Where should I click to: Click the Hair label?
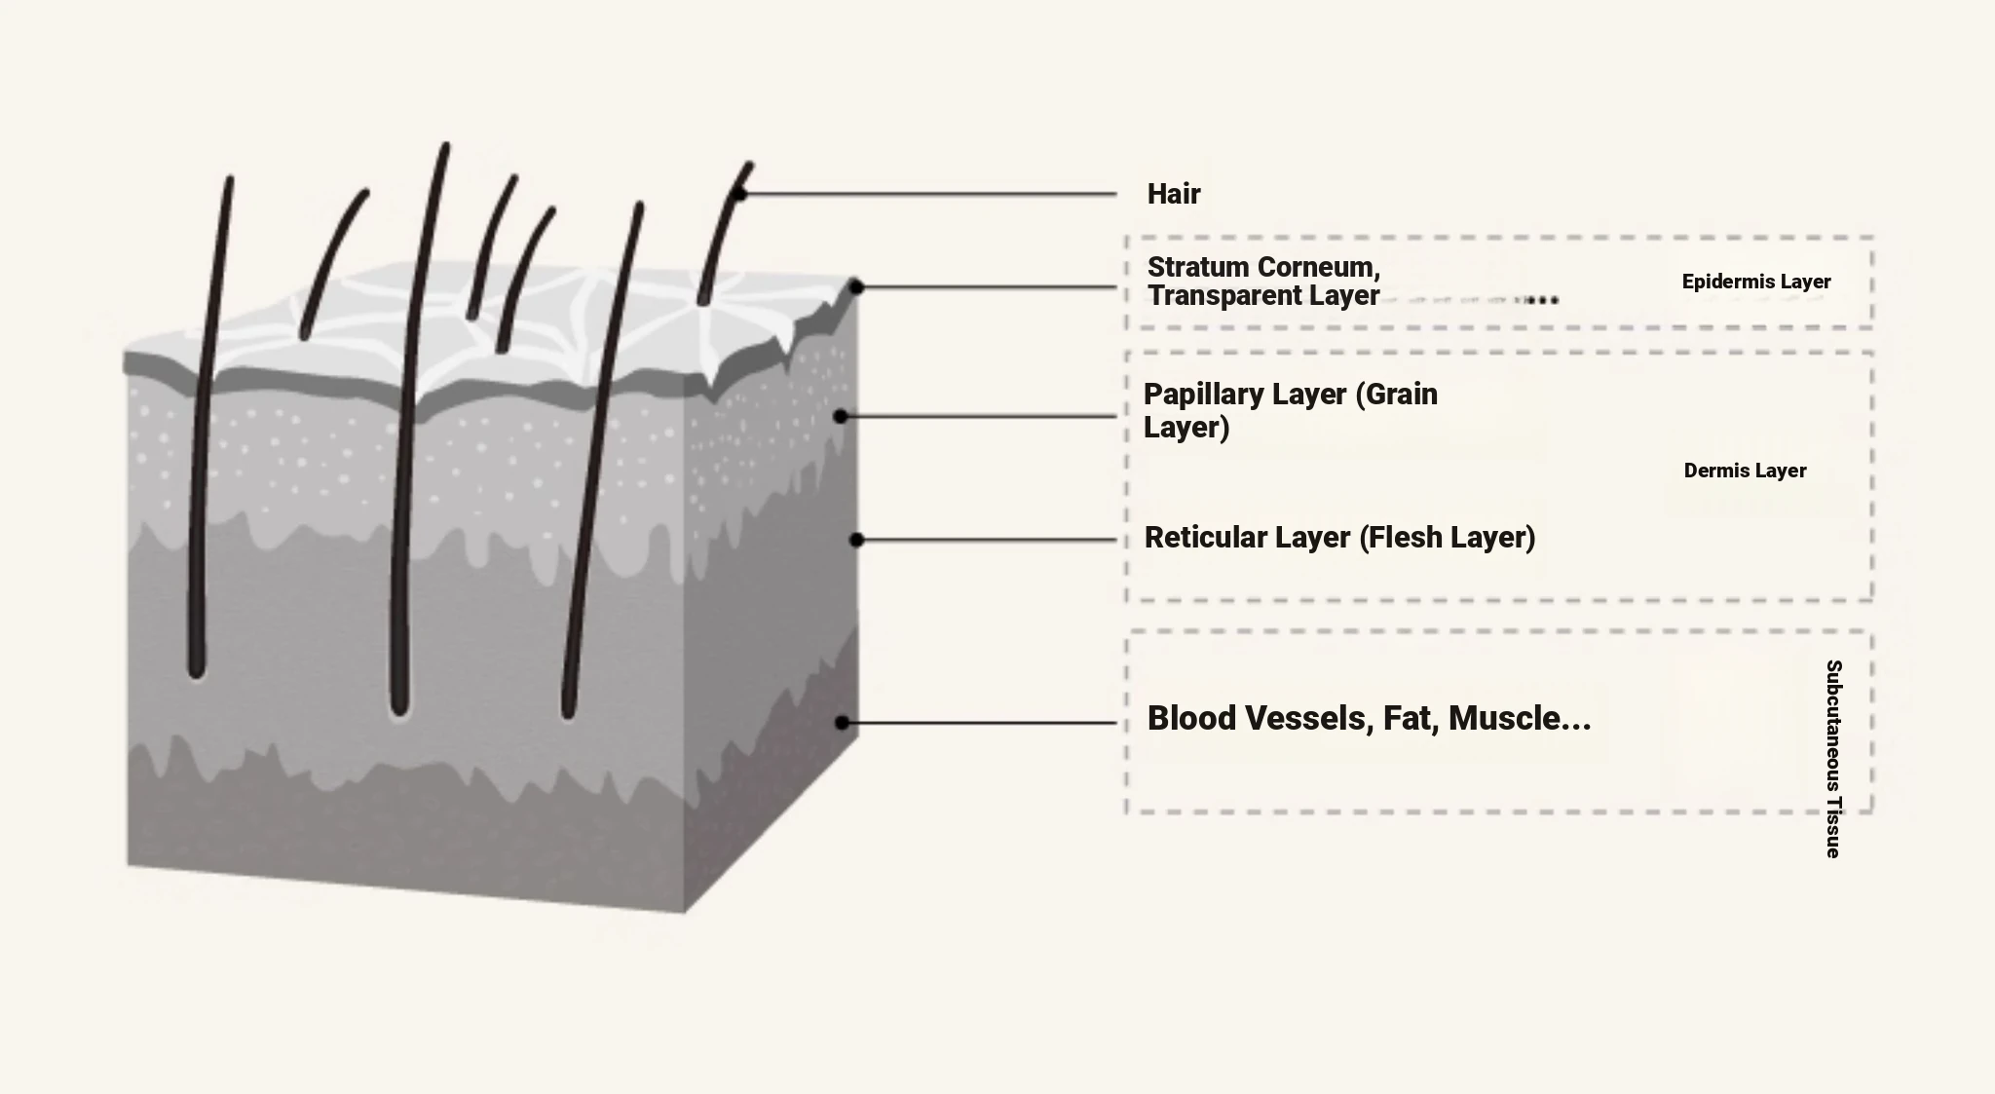(1173, 194)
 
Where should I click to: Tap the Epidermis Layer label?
(1755, 282)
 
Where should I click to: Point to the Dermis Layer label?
(1745, 471)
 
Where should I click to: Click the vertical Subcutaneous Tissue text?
(1833, 758)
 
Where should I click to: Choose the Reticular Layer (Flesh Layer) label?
(1339, 537)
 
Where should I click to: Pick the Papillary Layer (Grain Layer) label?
(1290, 410)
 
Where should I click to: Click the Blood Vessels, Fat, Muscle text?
(1368, 718)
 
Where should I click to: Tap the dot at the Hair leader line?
(740, 195)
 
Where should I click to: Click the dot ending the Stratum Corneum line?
(856, 286)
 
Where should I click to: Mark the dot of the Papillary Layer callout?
(841, 416)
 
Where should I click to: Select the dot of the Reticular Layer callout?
(856, 540)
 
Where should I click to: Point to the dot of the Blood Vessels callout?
(843, 723)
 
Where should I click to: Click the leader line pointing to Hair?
(925, 195)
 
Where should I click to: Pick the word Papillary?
(1196, 394)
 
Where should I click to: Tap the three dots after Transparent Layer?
(1542, 300)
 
